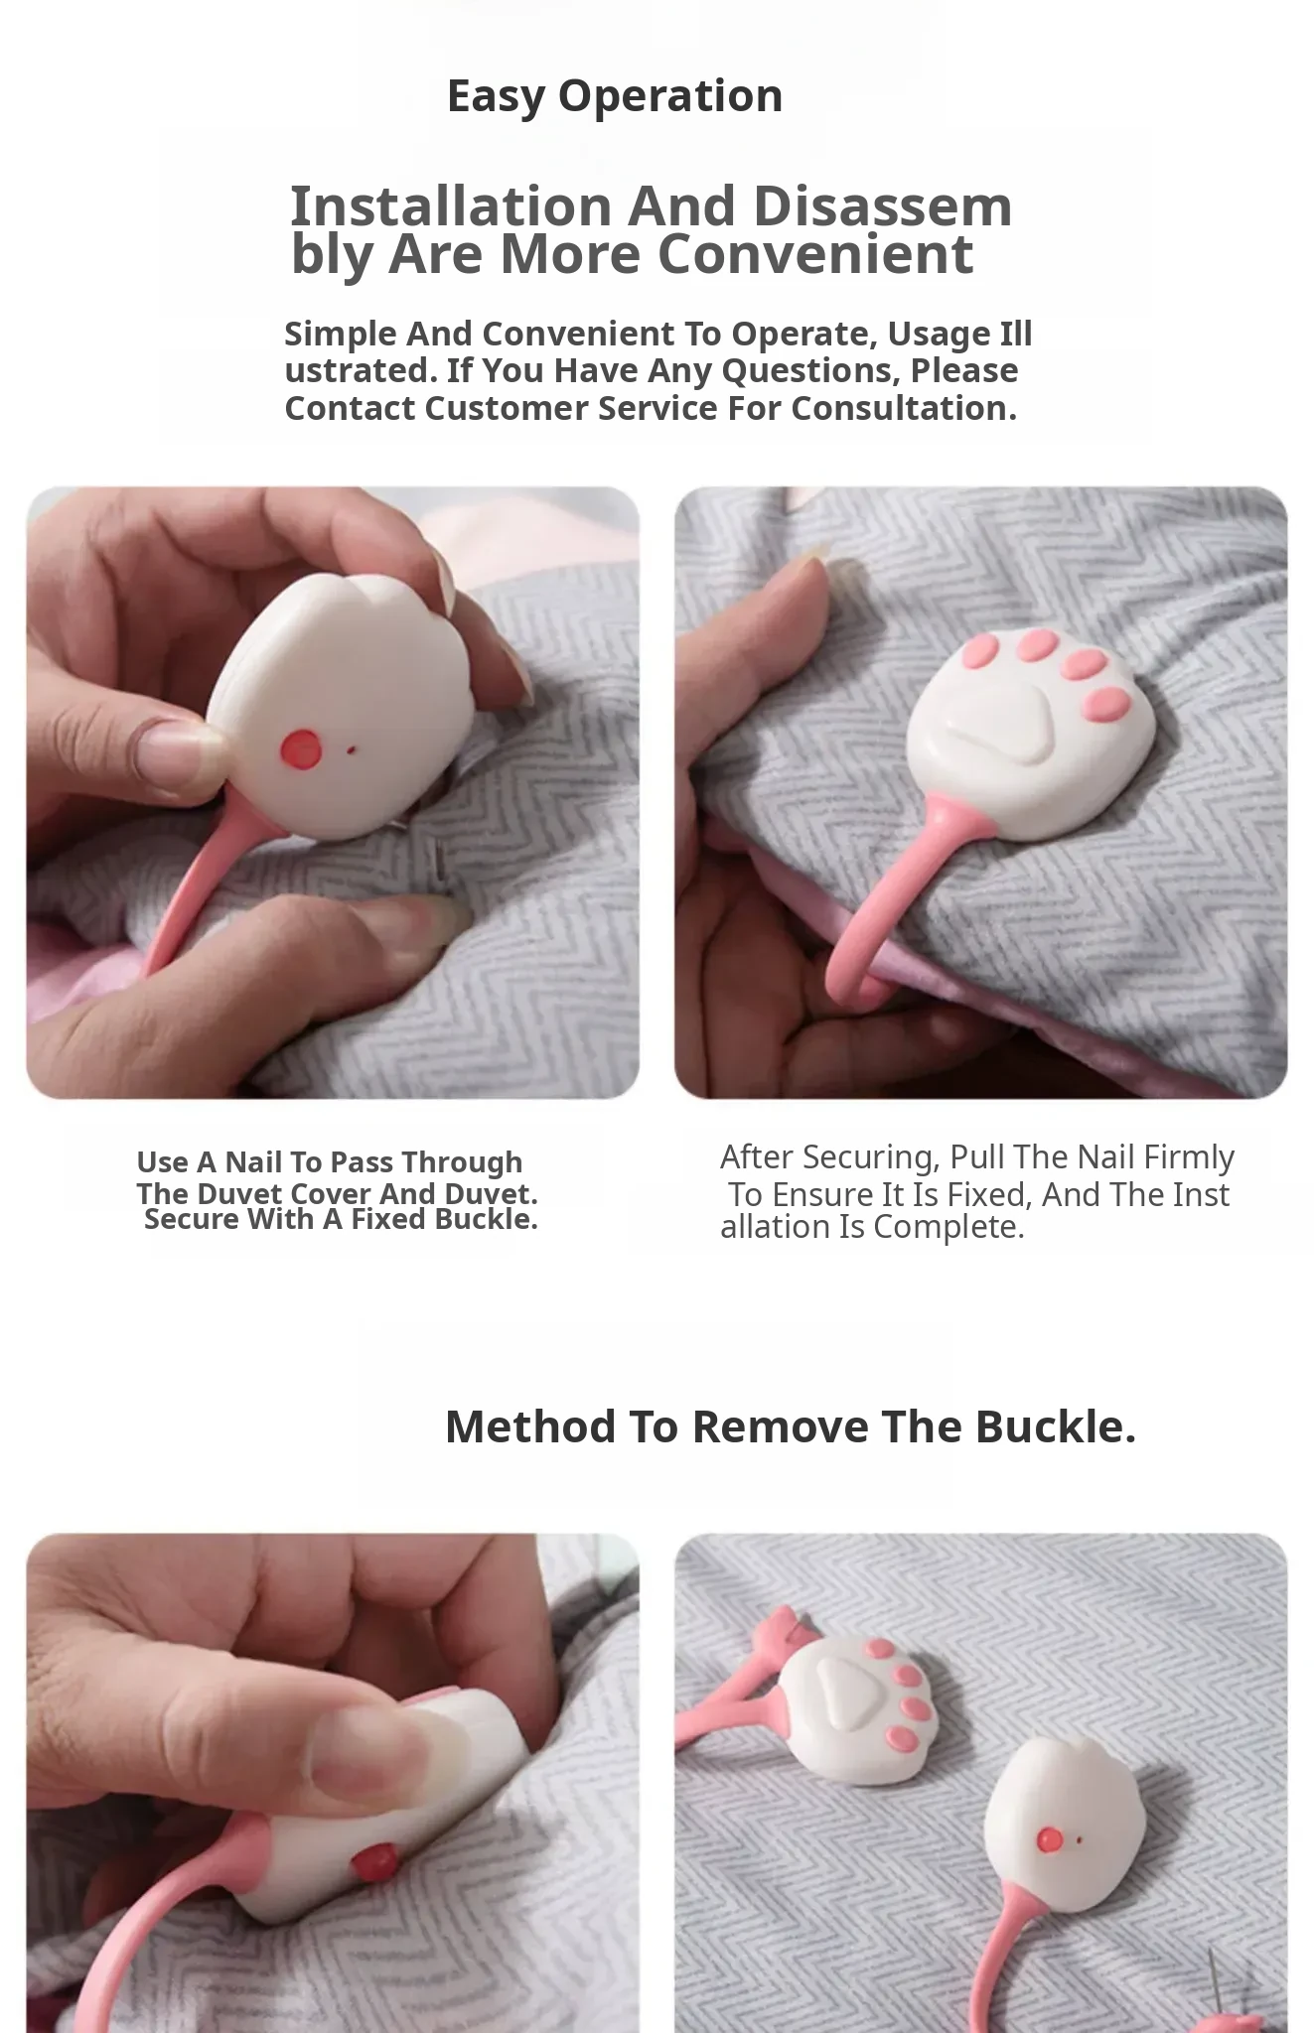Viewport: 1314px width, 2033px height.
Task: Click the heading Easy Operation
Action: coord(615,96)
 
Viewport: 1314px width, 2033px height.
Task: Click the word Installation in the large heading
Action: coord(451,205)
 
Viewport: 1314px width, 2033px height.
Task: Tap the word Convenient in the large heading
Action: coord(815,253)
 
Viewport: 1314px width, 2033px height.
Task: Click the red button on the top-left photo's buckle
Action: coord(301,747)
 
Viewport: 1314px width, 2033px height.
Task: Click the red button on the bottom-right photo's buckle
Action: coord(1049,1840)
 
